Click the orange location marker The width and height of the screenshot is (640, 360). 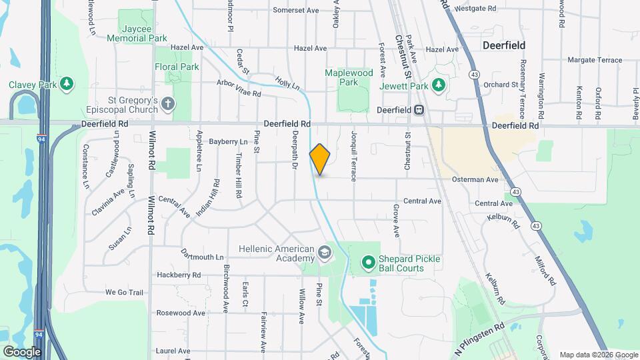tap(320, 159)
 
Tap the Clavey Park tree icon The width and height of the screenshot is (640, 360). tap(66, 85)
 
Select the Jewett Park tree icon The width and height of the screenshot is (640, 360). tap(438, 85)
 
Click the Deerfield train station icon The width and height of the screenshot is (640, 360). tap(419, 110)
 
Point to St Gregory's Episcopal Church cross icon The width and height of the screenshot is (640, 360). tap(168, 103)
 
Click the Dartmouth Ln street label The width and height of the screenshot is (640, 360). tap(202, 257)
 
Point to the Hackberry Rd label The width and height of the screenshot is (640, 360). tap(178, 275)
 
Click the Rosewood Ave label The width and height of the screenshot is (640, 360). tap(181, 313)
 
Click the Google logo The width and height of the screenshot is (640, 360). tap(21, 351)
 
